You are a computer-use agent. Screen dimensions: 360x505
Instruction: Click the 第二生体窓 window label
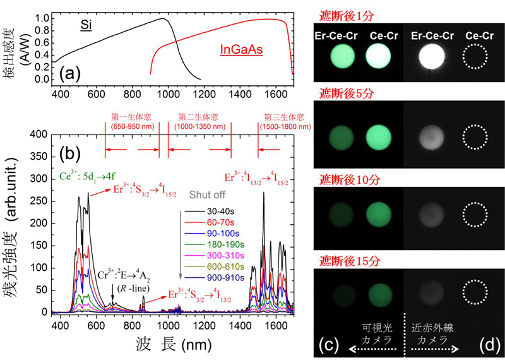[x=195, y=118]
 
